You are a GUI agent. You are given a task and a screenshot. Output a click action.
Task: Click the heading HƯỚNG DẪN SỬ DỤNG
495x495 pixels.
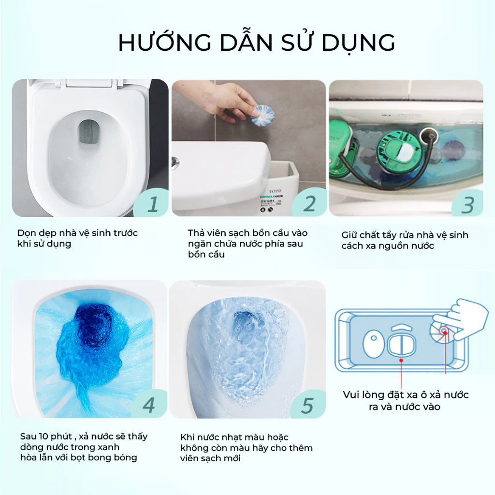pyautogui.click(x=256, y=43)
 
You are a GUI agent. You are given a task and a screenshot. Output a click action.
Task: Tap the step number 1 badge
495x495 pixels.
pyautogui.click(x=152, y=204)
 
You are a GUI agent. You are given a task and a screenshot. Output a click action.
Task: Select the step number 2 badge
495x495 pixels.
pyautogui.click(x=309, y=204)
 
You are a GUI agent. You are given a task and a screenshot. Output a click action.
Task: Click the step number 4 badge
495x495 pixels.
pyautogui.click(x=148, y=405)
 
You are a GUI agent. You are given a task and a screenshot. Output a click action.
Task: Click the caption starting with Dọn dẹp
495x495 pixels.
pyautogui.click(x=77, y=238)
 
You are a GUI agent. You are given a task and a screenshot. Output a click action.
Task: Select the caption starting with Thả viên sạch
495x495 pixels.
pyautogui.click(x=247, y=244)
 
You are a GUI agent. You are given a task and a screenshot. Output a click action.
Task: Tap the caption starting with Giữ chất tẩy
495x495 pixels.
pyautogui.click(x=405, y=240)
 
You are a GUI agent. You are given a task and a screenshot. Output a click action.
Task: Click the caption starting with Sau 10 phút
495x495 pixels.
pyautogui.click(x=84, y=447)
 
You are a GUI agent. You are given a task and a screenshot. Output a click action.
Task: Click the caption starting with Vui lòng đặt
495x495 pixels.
pyautogui.click(x=405, y=401)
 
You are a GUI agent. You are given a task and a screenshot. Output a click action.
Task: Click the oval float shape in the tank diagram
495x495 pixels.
pyautogui.click(x=373, y=344)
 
